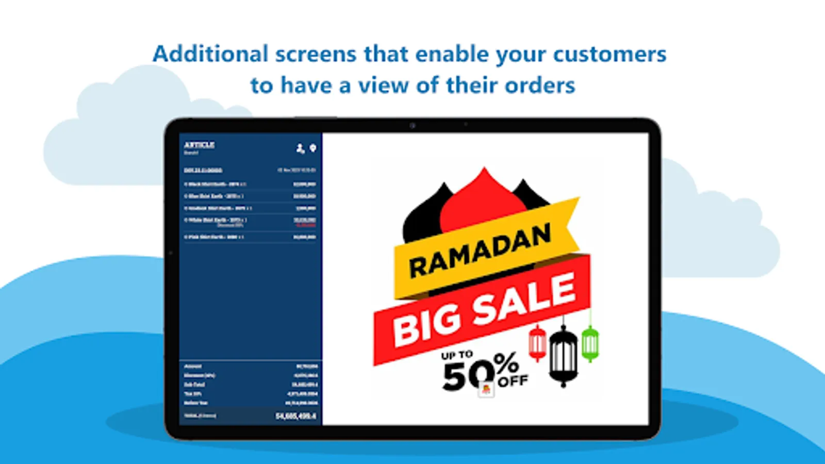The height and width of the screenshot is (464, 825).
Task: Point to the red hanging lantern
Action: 537,343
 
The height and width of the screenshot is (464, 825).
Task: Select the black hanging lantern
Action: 563,356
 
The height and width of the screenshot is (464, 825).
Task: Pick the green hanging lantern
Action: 589,343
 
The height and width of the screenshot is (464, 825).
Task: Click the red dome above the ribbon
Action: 484,201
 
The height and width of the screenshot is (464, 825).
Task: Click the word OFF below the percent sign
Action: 513,382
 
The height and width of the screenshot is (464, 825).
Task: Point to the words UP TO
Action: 456,355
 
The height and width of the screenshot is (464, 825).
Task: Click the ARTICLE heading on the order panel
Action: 199,145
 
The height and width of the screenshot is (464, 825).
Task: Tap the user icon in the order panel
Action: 300,148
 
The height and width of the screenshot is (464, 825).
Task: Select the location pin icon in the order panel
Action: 312,148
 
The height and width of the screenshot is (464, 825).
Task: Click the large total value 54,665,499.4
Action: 296,416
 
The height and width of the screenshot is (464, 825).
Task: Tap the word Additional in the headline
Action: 210,54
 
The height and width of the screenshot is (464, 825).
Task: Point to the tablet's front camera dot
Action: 412,125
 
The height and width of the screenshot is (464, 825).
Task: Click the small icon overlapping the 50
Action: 486,389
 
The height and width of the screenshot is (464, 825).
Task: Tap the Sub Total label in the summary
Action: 194,385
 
